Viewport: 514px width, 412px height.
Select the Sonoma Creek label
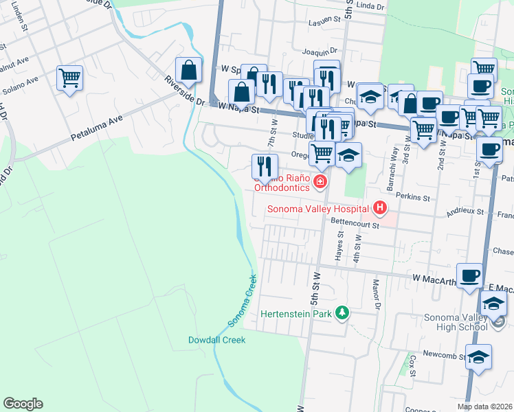pyautogui.click(x=242, y=300)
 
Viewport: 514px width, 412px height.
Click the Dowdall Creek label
pyautogui.click(x=216, y=340)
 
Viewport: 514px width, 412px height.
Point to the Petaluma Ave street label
pyautogui.click(x=96, y=128)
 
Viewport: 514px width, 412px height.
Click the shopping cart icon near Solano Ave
pyautogui.click(x=69, y=79)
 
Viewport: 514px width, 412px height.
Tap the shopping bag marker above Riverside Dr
pyautogui.click(x=188, y=70)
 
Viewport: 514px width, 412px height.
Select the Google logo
pyautogui.click(x=23, y=404)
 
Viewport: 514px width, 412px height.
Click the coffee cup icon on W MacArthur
pyautogui.click(x=471, y=277)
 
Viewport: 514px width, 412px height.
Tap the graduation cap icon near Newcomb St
pyautogui.click(x=478, y=358)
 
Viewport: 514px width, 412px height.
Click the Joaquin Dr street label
pyautogui.click(x=320, y=51)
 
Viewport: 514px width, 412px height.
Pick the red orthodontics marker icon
pyautogui.click(x=319, y=182)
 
